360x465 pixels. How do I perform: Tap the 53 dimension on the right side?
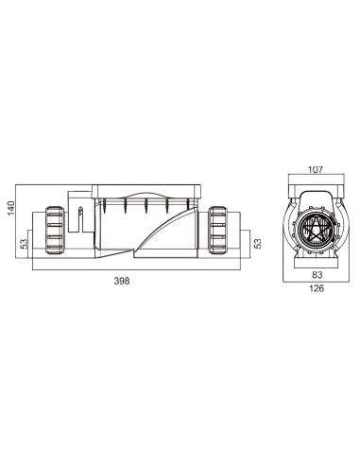(258, 243)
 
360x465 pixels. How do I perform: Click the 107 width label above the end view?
(315, 170)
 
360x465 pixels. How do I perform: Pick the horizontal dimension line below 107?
(315, 178)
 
